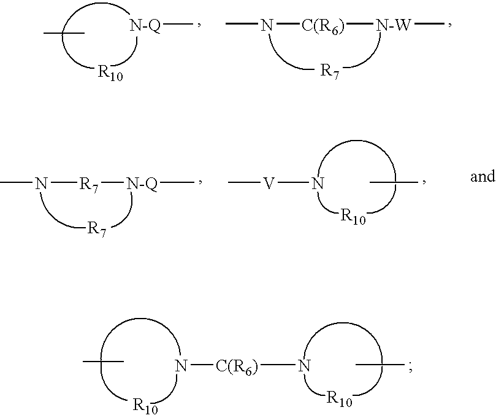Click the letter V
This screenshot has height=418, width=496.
pyautogui.click(x=269, y=183)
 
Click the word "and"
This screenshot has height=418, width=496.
pyautogui.click(x=483, y=176)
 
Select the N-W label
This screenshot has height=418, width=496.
pyautogui.click(x=393, y=25)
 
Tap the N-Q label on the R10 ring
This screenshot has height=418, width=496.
pyautogui.click(x=145, y=25)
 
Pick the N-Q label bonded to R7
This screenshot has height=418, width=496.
pyautogui.click(x=142, y=184)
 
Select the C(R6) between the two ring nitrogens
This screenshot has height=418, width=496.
pyautogui.click(x=237, y=367)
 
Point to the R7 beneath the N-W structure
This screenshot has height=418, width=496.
pyautogui.click(x=330, y=71)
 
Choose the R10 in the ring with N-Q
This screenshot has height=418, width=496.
pyautogui.click(x=110, y=73)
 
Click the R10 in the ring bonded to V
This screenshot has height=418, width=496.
pyautogui.click(x=353, y=217)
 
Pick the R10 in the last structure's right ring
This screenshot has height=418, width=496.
pyautogui.click(x=339, y=399)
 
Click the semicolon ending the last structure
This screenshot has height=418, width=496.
pyautogui.click(x=411, y=368)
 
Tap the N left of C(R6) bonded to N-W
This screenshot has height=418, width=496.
pyautogui.click(x=267, y=25)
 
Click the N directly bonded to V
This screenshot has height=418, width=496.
pyautogui.click(x=318, y=184)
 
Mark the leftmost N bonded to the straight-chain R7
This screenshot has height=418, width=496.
pyautogui.click(x=41, y=184)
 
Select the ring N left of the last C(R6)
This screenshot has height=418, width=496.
pyautogui.click(x=181, y=366)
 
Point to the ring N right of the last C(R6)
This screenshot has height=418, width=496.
pyautogui.click(x=304, y=366)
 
